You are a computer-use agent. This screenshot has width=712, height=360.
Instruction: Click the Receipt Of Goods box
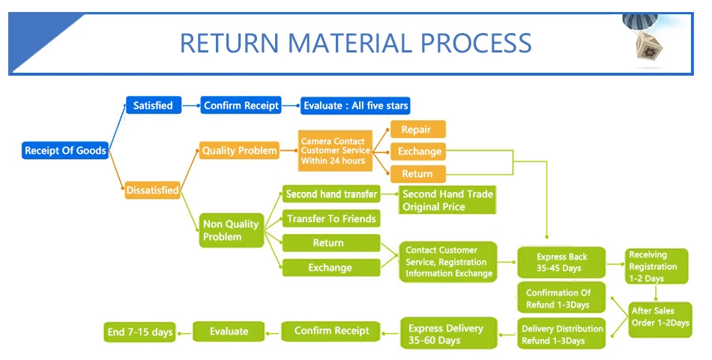click(65, 151)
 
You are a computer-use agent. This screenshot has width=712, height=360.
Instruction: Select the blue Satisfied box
click(154, 105)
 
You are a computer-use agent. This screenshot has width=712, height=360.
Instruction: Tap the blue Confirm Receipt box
click(241, 105)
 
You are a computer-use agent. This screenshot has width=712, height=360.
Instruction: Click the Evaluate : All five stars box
click(355, 105)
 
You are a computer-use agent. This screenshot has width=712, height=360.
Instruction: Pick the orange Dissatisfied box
click(153, 190)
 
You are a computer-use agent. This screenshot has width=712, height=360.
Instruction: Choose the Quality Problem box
click(239, 151)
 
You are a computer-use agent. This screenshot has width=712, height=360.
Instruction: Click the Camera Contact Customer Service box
click(335, 151)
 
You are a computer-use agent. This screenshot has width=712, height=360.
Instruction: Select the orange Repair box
click(417, 129)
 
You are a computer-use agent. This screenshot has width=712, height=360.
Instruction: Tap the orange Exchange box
click(417, 151)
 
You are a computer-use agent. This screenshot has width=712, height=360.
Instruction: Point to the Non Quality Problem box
click(232, 230)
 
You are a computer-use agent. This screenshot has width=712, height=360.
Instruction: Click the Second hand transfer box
click(331, 193)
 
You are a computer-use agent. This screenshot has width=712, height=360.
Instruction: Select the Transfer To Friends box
click(331, 218)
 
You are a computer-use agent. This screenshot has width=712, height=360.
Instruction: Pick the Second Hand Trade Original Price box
click(447, 200)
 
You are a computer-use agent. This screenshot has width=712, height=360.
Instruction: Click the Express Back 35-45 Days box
click(561, 262)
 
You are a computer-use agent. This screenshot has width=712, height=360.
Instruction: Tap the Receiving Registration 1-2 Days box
click(656, 266)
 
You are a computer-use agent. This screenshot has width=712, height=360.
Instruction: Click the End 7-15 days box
click(140, 331)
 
